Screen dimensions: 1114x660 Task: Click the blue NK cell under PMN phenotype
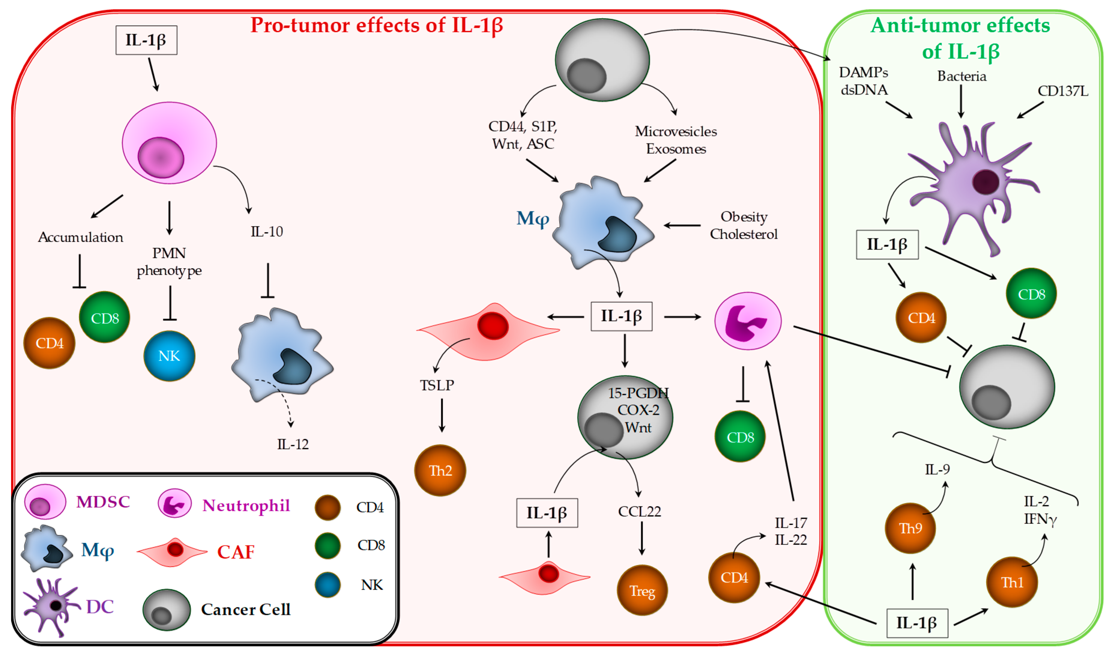click(x=169, y=356)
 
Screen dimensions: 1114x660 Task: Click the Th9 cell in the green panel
click(x=910, y=528)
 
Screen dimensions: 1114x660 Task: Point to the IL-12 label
click(x=293, y=444)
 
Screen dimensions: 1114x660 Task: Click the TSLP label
click(x=437, y=385)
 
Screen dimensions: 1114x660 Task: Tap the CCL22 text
click(x=639, y=511)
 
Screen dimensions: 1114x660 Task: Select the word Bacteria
click(x=962, y=76)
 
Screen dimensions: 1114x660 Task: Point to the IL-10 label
click(x=266, y=231)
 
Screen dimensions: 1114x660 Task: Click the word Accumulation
click(x=80, y=237)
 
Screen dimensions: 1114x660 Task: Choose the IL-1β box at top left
click(x=146, y=40)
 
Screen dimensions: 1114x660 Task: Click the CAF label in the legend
click(x=236, y=552)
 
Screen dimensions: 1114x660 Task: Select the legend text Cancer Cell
click(x=246, y=609)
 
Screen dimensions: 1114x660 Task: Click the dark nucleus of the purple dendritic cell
click(x=986, y=182)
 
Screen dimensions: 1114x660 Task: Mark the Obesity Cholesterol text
click(x=744, y=225)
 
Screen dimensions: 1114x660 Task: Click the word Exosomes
click(x=676, y=149)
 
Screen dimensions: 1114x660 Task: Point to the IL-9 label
click(x=937, y=469)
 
